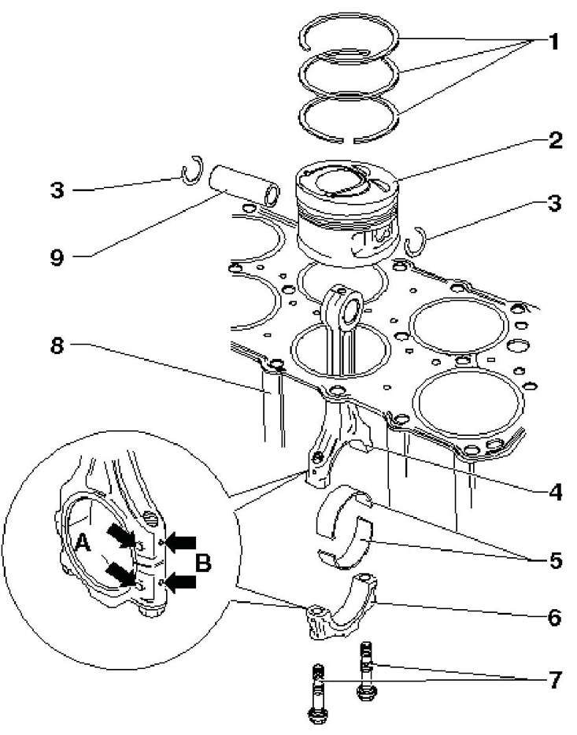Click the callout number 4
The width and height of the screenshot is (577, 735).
[556, 493]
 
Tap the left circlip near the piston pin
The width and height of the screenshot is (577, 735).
[191, 172]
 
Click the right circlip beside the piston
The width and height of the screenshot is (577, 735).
[415, 241]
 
